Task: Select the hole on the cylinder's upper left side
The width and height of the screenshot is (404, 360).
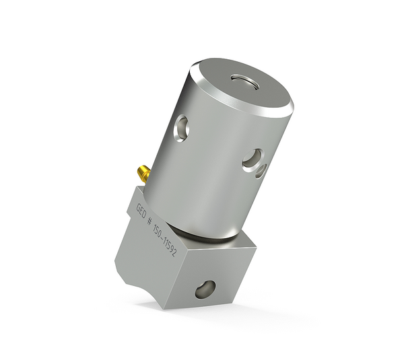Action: (180, 127)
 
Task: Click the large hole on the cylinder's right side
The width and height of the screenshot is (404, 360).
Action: (252, 159)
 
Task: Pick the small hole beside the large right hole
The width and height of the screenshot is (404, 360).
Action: (261, 171)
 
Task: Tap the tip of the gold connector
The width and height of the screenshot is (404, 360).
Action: (140, 170)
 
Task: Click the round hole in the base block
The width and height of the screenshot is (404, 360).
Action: (205, 290)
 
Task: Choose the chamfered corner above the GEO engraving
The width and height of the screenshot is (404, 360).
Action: (132, 195)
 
